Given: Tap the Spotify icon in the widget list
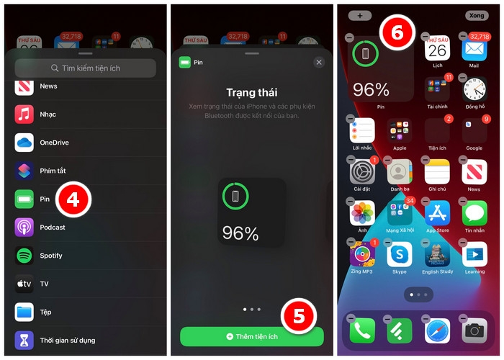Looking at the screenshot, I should (24, 256).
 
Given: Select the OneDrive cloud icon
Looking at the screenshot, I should (24, 143).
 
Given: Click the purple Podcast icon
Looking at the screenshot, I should (24, 228).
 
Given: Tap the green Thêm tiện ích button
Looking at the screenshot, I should (252, 336).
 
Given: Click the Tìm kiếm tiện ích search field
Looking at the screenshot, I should (86, 68).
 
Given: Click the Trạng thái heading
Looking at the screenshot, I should (252, 93).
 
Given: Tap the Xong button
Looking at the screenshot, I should (476, 15).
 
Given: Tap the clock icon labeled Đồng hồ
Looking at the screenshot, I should (474, 89).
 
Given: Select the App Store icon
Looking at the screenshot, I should (437, 212).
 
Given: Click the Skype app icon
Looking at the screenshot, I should (399, 254).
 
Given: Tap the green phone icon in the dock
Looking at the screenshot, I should (362, 330).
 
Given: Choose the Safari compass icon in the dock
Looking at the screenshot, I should (437, 330).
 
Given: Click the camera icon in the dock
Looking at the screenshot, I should (474, 330).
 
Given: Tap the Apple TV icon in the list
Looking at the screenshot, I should (24, 284).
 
